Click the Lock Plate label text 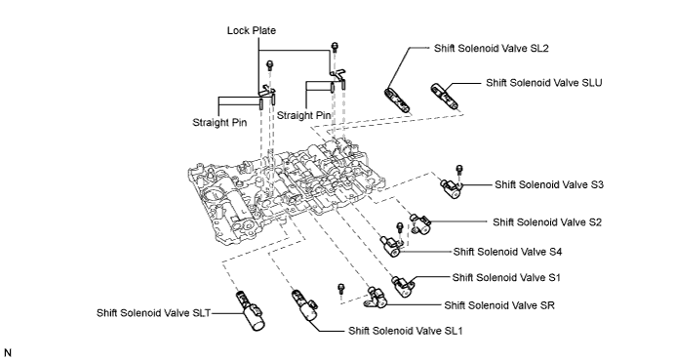click(x=252, y=30)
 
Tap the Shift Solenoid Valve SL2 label click(x=492, y=48)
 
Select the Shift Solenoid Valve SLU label click(x=544, y=83)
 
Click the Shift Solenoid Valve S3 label click(x=549, y=184)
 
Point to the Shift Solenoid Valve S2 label click(x=547, y=222)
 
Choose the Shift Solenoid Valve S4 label click(x=507, y=252)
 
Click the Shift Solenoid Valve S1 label click(x=506, y=278)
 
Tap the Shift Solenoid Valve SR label click(x=499, y=305)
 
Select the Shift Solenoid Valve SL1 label click(x=406, y=331)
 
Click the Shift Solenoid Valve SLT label click(x=153, y=313)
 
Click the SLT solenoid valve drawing click(x=251, y=311)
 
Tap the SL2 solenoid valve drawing click(x=397, y=100)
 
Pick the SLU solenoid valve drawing click(x=444, y=97)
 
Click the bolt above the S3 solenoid click(x=459, y=170)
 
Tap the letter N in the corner click(x=7, y=353)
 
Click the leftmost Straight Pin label click(x=219, y=123)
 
